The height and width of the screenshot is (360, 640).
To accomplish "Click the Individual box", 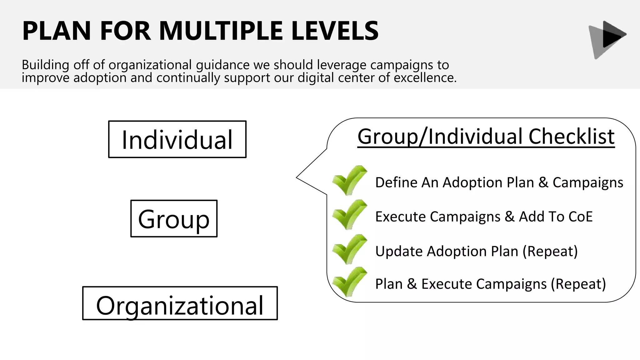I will tap(177, 139).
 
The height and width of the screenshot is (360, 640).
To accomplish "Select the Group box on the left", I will tap(174, 219).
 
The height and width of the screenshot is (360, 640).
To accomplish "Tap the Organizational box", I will tap(180, 303).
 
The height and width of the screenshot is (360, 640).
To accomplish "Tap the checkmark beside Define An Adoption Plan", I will tap(349, 180).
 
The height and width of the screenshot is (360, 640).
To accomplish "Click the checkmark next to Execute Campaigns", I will tap(349, 214).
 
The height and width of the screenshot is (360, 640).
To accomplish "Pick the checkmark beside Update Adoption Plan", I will tap(349, 249).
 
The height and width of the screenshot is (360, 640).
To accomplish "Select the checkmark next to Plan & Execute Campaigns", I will tap(349, 282).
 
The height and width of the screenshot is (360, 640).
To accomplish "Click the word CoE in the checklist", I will tap(581, 217).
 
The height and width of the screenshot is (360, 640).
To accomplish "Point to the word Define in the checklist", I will tap(396, 182).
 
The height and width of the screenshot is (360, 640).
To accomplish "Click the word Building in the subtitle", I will tap(45, 65).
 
